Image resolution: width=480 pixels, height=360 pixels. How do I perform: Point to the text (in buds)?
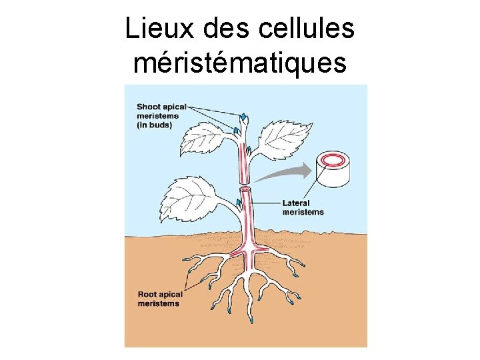(155, 125)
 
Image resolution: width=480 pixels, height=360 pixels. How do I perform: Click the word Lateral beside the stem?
(297, 203)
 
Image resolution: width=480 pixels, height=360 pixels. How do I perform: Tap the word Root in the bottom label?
(147, 294)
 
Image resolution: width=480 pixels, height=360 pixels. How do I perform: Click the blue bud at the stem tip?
(245, 118)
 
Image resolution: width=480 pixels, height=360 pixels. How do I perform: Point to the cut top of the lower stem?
(245, 191)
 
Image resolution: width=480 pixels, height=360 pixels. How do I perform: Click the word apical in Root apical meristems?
(171, 294)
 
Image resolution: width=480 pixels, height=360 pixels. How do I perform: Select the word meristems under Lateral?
(303, 212)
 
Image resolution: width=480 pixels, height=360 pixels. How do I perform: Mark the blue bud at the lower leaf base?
(237, 201)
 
